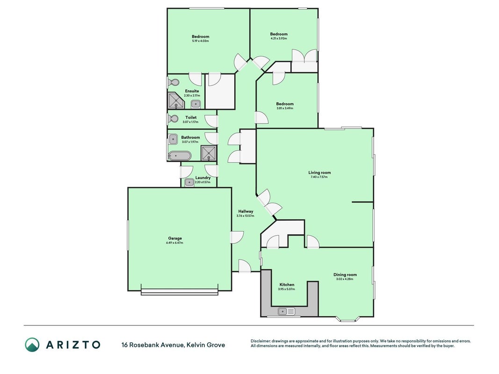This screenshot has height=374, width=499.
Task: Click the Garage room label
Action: pyautogui.click(x=175, y=238)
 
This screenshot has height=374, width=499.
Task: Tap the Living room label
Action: pyautogui.click(x=319, y=173)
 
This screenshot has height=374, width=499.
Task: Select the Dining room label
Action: pyautogui.click(x=345, y=275)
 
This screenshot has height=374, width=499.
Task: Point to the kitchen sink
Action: pyautogui.click(x=286, y=311)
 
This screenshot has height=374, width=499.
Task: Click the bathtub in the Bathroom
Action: pyautogui.click(x=180, y=156)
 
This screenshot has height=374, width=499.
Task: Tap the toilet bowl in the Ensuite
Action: pyautogui.click(x=173, y=83)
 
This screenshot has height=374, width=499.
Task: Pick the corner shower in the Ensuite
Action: pyautogui.click(x=176, y=101)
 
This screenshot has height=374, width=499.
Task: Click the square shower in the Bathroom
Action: pyautogui.click(x=209, y=153)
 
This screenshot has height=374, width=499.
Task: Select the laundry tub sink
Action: pyautogui.click(x=190, y=182)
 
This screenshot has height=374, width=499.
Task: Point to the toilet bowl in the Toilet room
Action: pyautogui.click(x=173, y=119)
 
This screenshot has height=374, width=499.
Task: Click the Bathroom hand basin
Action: pyautogui.click(x=173, y=139)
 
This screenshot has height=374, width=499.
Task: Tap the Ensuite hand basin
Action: pyautogui.click(x=195, y=104)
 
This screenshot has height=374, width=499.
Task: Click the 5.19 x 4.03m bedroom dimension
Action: pyautogui.click(x=201, y=41)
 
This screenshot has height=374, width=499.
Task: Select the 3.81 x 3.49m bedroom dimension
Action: pyautogui.click(x=285, y=108)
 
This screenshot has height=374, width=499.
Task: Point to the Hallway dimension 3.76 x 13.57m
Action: pyautogui.click(x=246, y=216)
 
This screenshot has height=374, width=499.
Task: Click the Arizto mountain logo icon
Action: pyautogui.click(x=32, y=345)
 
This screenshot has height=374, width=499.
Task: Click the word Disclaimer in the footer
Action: pyautogui.click(x=260, y=341)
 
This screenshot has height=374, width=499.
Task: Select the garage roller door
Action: pyautogui.click(x=180, y=292)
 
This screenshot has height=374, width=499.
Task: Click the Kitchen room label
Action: pyautogui.click(x=287, y=285)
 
